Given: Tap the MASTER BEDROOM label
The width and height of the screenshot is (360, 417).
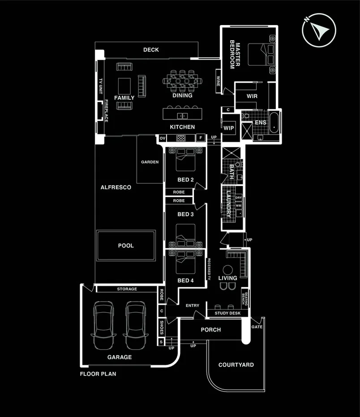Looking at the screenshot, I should (235, 55).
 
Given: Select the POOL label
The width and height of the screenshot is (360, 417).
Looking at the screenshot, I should (126, 246).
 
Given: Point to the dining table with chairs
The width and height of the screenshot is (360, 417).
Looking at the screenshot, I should (182, 81).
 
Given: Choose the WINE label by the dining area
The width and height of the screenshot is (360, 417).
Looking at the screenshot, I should (218, 81).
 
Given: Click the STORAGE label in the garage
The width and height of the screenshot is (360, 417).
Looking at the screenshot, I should (127, 289).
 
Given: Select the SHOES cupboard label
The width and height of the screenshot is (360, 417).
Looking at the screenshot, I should (162, 328).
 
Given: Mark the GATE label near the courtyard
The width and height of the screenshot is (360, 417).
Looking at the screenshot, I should (257, 327).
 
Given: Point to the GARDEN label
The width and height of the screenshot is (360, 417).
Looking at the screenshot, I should (150, 162).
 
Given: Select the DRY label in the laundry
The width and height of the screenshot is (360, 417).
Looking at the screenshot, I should (238, 197).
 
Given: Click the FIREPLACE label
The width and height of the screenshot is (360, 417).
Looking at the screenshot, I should (107, 111).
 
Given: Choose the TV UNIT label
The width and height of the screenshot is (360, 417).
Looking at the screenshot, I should (101, 84).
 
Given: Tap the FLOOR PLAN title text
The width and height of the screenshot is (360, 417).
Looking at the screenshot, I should (98, 374).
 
